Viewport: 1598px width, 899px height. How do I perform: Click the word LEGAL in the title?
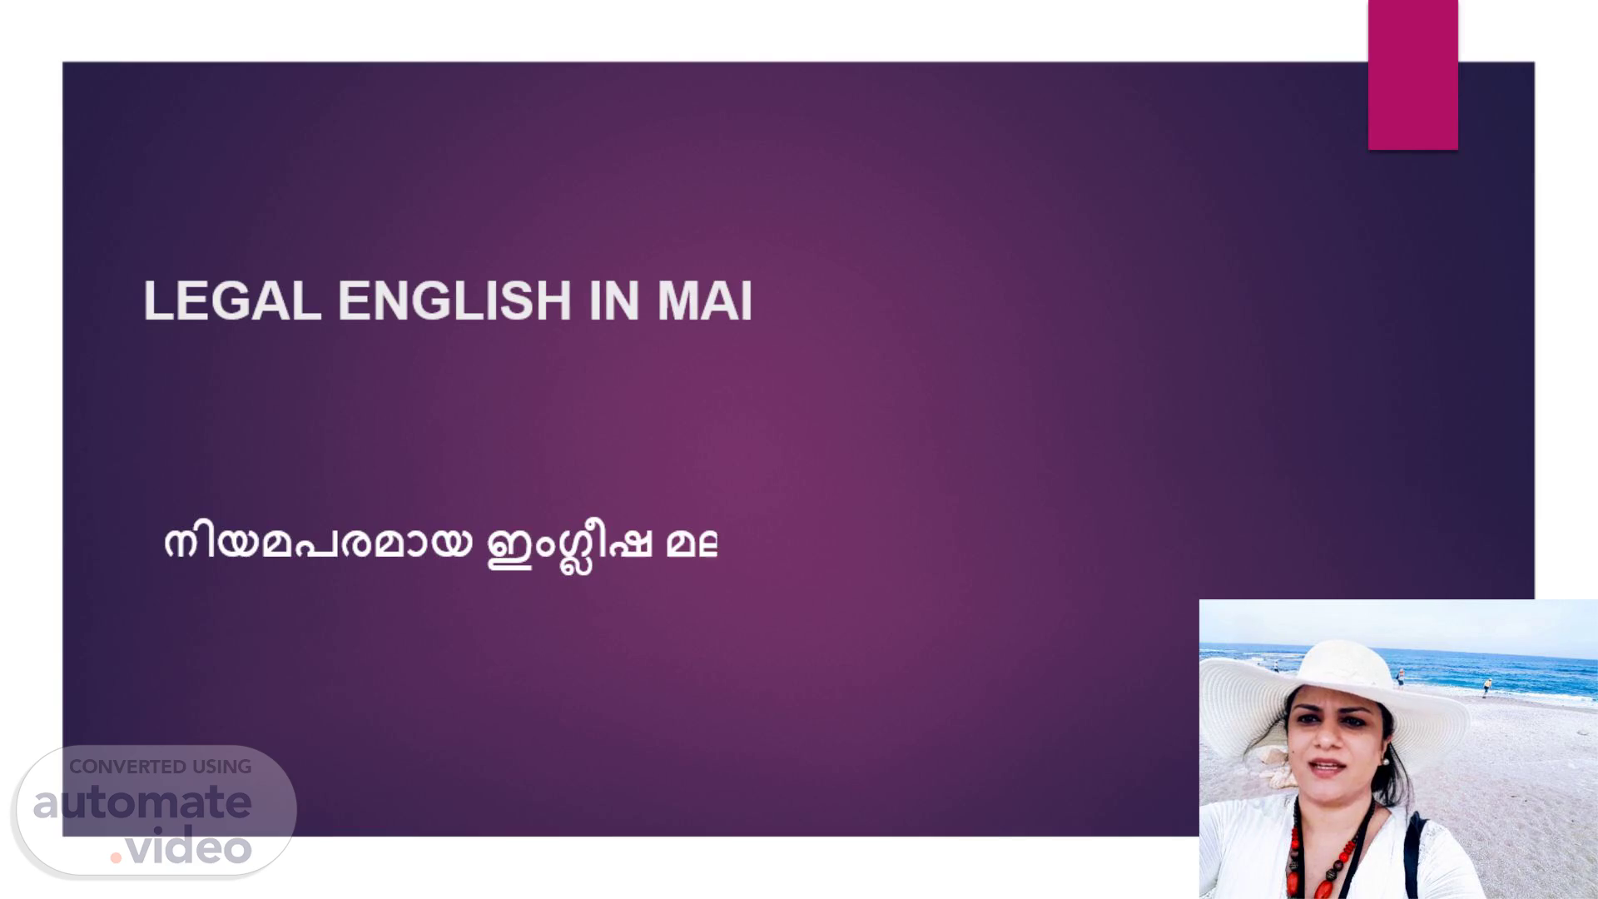[x=232, y=300]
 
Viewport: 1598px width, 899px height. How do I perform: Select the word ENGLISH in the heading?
[x=454, y=300]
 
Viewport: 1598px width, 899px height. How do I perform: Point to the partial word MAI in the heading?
[x=705, y=300]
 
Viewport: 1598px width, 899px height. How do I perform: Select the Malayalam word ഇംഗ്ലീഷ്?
[x=569, y=547]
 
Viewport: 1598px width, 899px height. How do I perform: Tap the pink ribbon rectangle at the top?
[x=1412, y=75]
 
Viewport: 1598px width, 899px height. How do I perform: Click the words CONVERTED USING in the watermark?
[x=160, y=767]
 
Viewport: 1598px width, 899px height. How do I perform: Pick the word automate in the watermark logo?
[x=142, y=802]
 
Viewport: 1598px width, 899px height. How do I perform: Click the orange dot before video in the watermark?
[x=116, y=857]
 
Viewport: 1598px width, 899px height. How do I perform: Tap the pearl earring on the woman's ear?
[x=1385, y=761]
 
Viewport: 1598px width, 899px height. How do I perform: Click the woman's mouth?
[x=1327, y=766]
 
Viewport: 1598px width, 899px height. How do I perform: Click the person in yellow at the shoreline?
[x=1487, y=687]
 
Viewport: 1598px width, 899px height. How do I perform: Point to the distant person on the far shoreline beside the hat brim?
[x=1276, y=666]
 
